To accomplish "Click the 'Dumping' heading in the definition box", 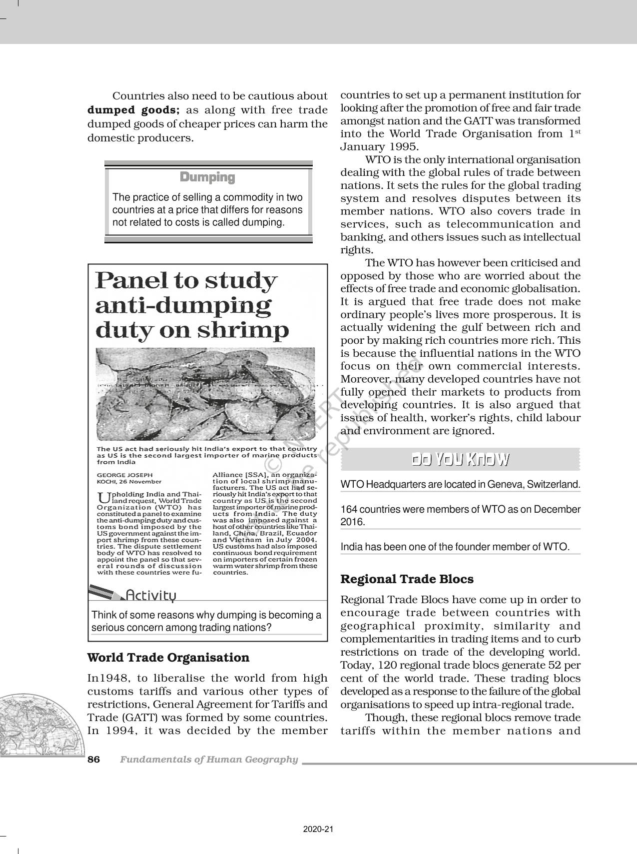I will [207, 177].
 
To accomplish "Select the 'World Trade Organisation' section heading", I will [168, 658].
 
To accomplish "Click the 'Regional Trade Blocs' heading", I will [407, 579].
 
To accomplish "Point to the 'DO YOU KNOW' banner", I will [460, 460].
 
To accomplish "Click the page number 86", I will [94, 760].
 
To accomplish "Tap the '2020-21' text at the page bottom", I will [318, 830].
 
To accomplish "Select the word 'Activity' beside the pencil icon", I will [151, 595].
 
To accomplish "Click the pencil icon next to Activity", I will [106, 594].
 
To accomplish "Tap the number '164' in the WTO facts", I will [349, 510].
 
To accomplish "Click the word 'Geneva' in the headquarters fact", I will [506, 484].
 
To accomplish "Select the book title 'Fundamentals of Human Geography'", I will [209, 760].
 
